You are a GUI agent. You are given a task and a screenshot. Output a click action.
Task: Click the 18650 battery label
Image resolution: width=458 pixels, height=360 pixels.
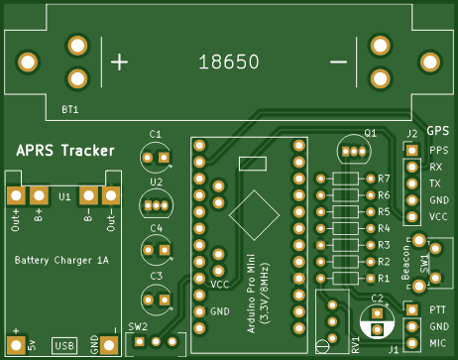[229, 61]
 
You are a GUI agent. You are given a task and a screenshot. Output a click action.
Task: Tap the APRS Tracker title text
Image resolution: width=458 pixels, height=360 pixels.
[65, 151]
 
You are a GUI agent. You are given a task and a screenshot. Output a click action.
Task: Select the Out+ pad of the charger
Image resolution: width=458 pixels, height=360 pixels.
[16, 195]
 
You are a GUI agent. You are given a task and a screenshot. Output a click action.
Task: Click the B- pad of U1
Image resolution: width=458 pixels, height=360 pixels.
[88, 195]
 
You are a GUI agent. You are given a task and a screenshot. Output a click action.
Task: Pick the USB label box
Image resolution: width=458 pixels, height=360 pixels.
[64, 346]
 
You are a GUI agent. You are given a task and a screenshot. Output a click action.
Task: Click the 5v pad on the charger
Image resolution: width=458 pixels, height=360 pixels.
[16, 345]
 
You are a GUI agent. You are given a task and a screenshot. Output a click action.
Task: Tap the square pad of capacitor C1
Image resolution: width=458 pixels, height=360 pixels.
[164, 158]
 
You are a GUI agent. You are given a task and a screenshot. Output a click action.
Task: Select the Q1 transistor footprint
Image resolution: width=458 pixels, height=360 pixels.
[354, 151]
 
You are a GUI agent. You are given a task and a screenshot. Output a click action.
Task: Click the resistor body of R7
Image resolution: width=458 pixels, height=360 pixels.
[346, 179]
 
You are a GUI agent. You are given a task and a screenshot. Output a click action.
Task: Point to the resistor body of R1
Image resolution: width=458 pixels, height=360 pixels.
[346, 278]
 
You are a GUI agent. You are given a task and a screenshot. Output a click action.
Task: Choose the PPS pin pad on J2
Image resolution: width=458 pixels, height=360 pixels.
[412, 151]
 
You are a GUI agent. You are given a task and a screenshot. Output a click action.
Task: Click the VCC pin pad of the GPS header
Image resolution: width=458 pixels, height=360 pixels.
[412, 217]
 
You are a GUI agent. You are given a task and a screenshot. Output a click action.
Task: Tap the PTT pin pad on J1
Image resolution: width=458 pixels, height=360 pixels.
[412, 309]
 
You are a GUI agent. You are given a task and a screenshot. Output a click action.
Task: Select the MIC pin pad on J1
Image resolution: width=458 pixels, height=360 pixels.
[412, 343]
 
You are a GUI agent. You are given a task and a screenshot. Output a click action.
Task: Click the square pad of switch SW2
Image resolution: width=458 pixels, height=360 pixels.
[139, 341]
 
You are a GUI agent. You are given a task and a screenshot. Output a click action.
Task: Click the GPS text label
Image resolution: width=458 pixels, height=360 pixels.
[438, 131]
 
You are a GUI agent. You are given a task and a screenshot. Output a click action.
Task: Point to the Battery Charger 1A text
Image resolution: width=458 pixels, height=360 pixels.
[61, 260]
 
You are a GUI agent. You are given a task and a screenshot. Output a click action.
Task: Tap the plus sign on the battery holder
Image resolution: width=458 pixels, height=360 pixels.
[119, 62]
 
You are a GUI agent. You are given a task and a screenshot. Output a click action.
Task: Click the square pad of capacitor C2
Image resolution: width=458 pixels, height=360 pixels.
[377, 312]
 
